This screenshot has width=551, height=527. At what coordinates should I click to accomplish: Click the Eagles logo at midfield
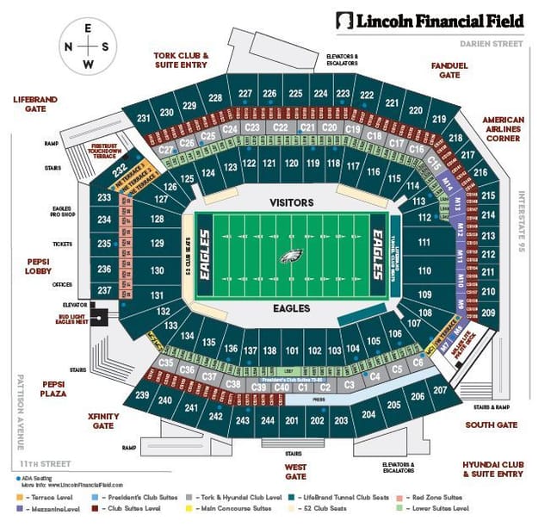tap(291, 256)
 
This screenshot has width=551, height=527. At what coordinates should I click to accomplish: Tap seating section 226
tap(269, 93)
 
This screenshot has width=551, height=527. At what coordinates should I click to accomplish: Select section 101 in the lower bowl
tap(292, 350)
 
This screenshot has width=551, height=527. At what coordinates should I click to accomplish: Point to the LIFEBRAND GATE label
tap(35, 104)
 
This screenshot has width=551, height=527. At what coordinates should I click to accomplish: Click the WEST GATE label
tap(295, 471)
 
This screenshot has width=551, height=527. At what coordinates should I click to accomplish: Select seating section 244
tap(268, 421)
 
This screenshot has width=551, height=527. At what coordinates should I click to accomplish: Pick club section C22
tap(280, 127)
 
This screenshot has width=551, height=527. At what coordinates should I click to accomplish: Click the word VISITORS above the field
tap(291, 201)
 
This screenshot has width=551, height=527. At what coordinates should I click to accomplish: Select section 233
tap(104, 198)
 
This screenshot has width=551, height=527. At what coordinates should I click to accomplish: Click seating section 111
tap(424, 244)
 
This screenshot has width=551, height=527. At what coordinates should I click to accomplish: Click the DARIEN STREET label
tap(491, 42)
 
